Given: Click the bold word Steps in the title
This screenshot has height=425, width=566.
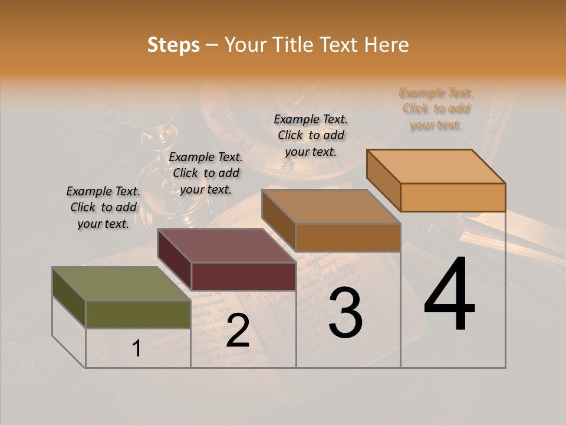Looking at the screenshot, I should tap(173, 45).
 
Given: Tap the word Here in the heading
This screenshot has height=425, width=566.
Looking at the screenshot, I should tap(387, 45).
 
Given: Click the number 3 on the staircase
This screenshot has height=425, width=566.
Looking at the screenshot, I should tap(345, 313).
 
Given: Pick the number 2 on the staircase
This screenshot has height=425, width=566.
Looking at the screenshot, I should tap(238, 331).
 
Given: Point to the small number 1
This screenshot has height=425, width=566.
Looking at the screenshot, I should tap(136, 349).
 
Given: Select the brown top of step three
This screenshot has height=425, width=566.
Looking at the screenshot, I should tap(331, 207).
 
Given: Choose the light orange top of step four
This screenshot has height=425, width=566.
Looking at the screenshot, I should tap(436, 166).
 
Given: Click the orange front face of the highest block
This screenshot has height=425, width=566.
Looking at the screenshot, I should tap(453, 197).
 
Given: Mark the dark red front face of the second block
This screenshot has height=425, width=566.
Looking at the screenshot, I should tap(243, 276).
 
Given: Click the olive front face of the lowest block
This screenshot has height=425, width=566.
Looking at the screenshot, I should tap(138, 315).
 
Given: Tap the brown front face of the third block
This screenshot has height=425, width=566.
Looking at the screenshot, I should tap(348, 237).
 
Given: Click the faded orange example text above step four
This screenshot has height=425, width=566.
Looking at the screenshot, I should tap(436, 109).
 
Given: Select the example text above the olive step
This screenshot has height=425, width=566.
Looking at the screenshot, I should tap(103, 207).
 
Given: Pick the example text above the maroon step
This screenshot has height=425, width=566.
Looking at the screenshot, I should tap(206, 173).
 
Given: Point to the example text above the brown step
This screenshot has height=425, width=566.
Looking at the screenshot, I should tap(311, 135).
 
